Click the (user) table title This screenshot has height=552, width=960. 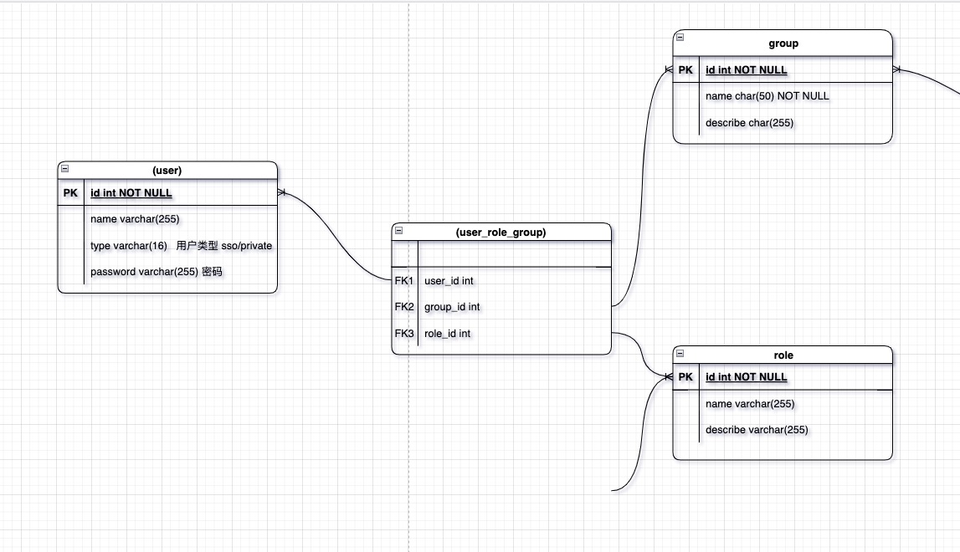click(167, 170)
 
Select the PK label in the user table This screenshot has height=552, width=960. click(70, 193)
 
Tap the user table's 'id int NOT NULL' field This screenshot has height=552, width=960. click(131, 193)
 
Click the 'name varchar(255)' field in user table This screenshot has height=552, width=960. click(135, 219)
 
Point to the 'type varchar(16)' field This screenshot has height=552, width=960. click(129, 246)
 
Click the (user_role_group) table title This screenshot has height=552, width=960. click(501, 233)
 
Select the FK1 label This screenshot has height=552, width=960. click(404, 281)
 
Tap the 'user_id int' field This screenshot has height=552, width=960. click(449, 281)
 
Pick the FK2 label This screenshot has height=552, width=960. click(404, 307)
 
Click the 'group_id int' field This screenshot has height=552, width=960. click(452, 307)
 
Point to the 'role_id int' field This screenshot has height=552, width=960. click(447, 334)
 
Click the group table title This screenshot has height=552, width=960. click(783, 43)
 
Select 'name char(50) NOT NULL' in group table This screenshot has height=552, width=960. click(767, 96)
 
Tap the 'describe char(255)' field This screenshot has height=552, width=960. click(750, 123)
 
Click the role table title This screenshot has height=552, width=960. click(783, 355)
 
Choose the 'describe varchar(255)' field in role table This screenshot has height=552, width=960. click(757, 430)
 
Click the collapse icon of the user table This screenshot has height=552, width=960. click(65, 169)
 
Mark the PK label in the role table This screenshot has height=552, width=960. click(685, 377)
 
